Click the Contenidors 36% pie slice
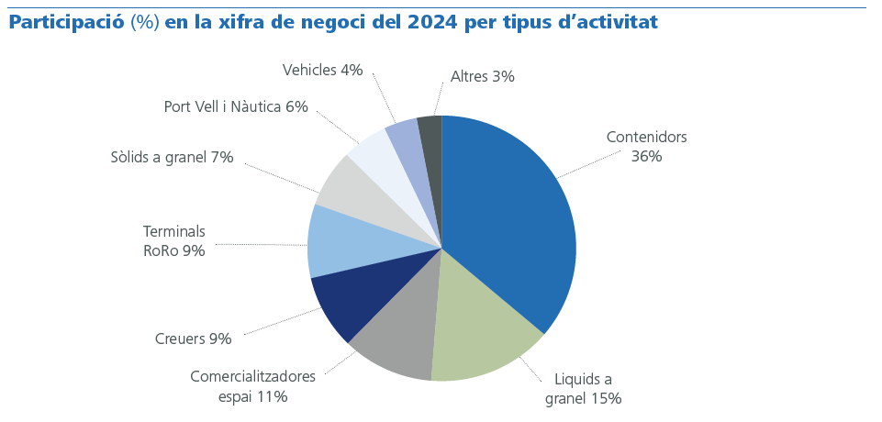(x=514, y=220)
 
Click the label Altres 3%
(x=482, y=77)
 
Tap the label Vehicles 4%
(x=322, y=70)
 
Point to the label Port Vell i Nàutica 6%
(x=235, y=106)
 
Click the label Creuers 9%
(x=193, y=339)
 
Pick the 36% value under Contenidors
(x=646, y=156)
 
